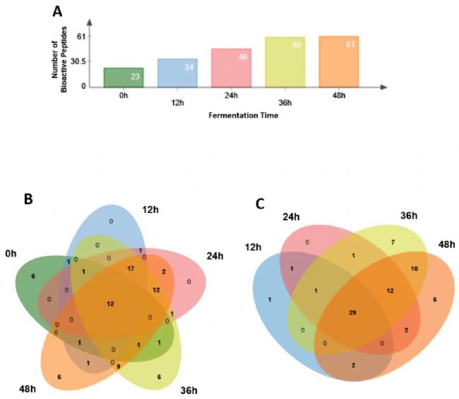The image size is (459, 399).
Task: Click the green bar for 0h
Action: pyautogui.click(x=124, y=78)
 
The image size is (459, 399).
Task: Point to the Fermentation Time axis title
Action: pyautogui.click(x=242, y=116)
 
